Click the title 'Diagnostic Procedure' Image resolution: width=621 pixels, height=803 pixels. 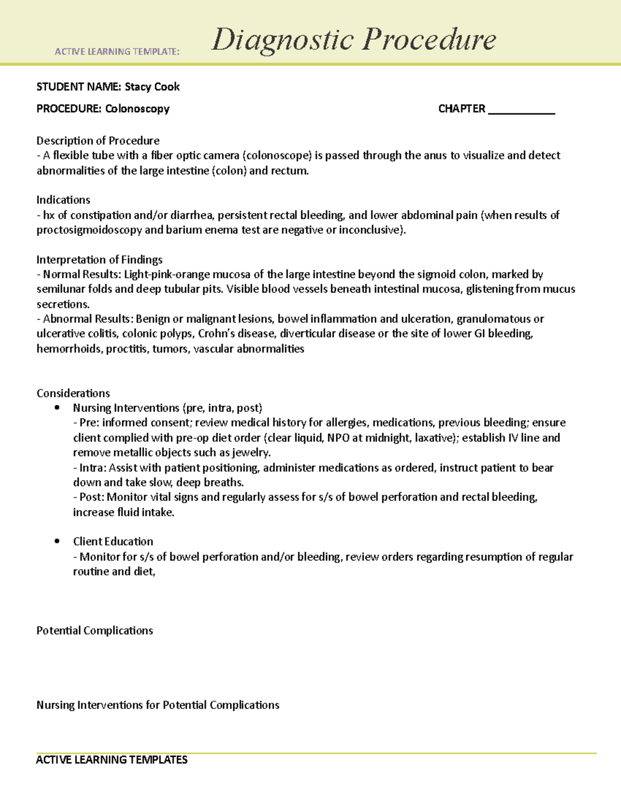353,40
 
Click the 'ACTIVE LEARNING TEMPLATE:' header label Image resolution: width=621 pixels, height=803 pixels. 117,52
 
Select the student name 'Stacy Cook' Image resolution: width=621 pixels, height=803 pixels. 152,87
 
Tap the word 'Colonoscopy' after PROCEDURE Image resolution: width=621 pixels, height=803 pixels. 137,109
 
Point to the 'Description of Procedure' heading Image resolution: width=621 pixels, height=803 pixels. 98,141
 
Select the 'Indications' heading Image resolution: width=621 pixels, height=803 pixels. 63,200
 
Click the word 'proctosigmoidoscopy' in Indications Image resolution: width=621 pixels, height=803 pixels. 89,230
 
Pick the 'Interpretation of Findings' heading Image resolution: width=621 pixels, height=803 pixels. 99,260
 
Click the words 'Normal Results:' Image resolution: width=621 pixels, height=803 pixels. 82,275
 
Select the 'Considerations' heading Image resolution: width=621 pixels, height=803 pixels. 73,393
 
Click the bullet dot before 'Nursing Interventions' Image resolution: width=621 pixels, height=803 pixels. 57,408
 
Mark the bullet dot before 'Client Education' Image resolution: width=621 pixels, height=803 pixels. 57,541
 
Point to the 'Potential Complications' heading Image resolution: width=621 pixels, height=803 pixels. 95,631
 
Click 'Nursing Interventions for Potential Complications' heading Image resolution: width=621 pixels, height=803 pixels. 158,705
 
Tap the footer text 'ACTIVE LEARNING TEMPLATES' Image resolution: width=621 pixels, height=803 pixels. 112,760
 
